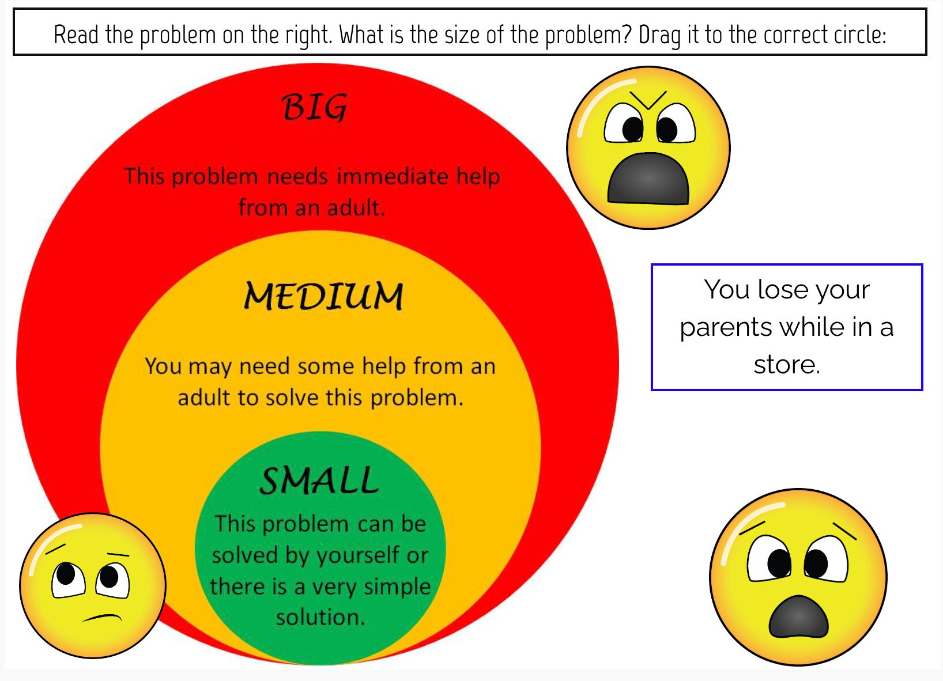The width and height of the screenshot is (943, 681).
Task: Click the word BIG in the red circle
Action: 314,107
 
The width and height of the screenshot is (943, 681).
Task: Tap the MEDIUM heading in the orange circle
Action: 323,297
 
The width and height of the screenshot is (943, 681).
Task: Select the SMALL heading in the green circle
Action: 319,481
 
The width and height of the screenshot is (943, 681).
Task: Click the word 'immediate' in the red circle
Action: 392,176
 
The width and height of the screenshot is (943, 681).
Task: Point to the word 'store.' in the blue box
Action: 786,365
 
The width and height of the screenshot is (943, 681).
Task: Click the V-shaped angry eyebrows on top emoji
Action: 648,99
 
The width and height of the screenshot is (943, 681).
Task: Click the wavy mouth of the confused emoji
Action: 103,618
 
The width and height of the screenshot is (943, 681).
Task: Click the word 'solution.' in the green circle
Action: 320,618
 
